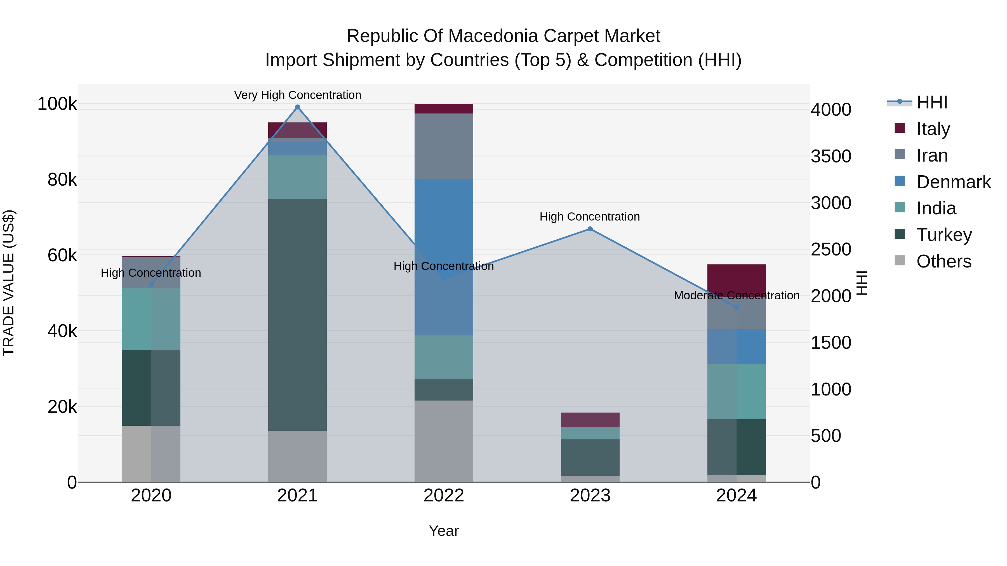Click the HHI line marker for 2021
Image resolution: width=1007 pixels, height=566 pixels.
click(298, 107)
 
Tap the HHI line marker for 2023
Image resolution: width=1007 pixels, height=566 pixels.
click(590, 229)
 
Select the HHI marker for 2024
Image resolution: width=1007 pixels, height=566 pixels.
click(737, 307)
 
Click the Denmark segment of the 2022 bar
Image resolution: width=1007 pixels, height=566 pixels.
click(444, 257)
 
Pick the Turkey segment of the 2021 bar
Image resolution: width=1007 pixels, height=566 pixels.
click(298, 315)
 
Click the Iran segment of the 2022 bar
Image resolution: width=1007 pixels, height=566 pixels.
click(444, 146)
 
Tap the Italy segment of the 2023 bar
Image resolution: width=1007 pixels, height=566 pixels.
click(590, 420)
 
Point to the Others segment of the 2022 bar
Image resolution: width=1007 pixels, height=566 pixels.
click(444, 441)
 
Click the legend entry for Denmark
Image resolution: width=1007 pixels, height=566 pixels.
click(953, 182)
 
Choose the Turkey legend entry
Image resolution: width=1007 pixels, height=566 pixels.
click(944, 235)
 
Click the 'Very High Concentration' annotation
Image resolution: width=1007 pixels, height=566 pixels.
click(298, 95)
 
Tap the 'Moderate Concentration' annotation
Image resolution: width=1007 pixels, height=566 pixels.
click(737, 295)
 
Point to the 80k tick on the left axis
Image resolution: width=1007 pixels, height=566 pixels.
click(62, 180)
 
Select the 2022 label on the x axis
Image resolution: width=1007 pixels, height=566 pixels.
click(444, 496)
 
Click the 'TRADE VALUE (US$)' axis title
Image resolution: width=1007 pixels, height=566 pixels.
click(9, 283)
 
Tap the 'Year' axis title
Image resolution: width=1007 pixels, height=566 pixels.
click(444, 531)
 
